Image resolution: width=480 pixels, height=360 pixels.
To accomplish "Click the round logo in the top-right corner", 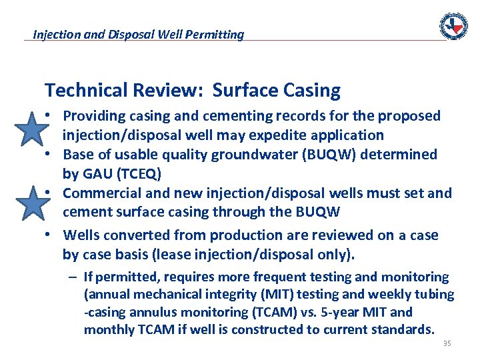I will (453, 26).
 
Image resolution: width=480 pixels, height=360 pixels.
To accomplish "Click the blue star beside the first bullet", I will (31, 129).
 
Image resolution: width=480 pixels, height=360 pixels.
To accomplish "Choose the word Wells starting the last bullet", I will (82, 235).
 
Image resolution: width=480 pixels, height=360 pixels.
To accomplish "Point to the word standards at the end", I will (403, 329).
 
